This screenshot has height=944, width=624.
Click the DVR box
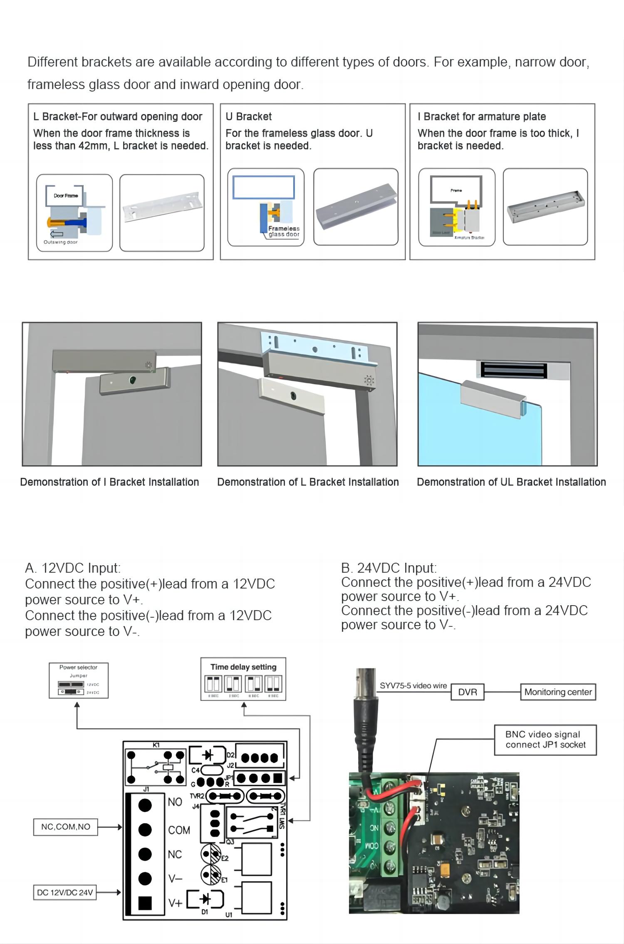click(x=467, y=692)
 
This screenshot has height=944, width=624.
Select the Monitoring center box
click(x=558, y=692)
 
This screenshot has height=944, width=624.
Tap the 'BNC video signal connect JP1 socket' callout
click(x=545, y=740)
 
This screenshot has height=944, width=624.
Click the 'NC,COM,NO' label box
click(x=65, y=827)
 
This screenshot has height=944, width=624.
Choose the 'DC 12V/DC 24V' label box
click(x=65, y=892)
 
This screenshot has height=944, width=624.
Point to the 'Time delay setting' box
click(x=243, y=679)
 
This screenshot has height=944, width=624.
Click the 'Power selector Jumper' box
click(x=79, y=680)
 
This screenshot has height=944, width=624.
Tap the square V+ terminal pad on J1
click(x=145, y=902)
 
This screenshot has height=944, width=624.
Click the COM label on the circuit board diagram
click(x=179, y=830)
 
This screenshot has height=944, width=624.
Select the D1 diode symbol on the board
click(x=205, y=899)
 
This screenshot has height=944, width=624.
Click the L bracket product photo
click(x=162, y=213)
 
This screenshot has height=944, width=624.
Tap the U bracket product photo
click(x=356, y=207)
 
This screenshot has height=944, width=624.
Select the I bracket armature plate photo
click(x=545, y=207)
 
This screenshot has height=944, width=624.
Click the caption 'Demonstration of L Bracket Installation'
click(x=308, y=482)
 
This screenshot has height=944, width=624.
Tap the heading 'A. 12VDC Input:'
click(x=73, y=568)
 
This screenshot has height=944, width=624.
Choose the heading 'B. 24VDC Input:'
click(x=389, y=568)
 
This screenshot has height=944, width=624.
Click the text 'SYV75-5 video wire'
click(x=413, y=686)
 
